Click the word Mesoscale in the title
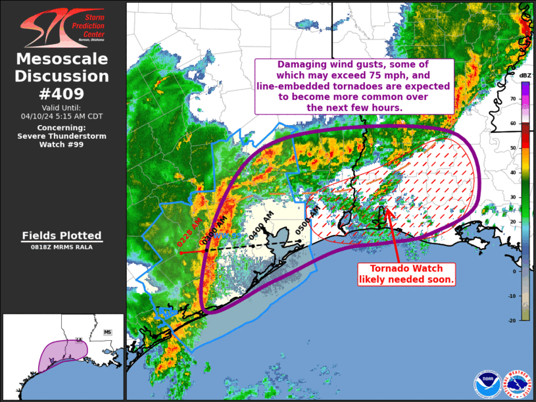tap(62, 60)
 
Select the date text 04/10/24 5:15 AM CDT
tap(62, 116)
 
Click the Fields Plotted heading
tap(62, 236)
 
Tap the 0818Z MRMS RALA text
tap(62, 247)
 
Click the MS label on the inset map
tap(107, 333)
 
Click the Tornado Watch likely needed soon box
tap(406, 274)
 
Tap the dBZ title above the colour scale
tap(525, 76)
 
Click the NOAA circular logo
tap(487, 384)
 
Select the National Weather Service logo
tap(517, 384)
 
